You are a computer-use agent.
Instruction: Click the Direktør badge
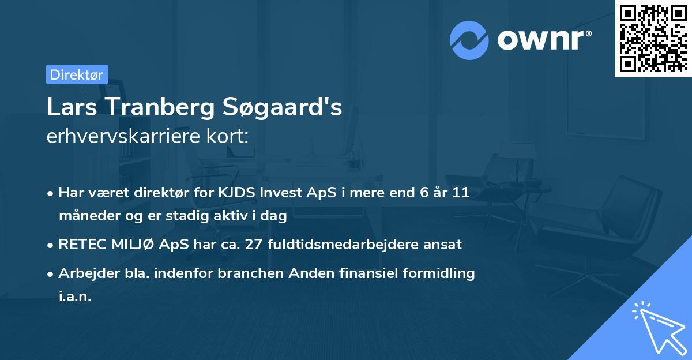coord(77,74)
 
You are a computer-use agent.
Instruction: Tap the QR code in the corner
coord(653,38)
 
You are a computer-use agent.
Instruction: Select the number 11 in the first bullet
coord(460,193)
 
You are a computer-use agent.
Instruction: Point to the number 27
coord(254,245)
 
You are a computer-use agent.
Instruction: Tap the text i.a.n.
coord(75,297)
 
